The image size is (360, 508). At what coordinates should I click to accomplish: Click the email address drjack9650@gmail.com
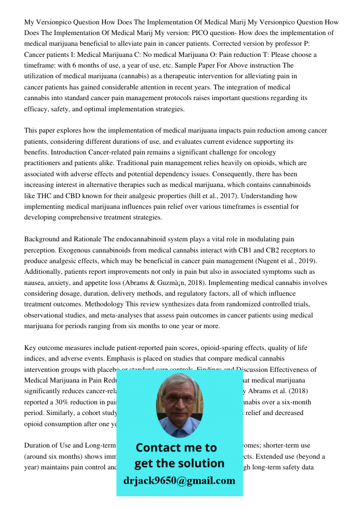179,481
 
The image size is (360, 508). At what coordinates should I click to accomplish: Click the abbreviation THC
44,196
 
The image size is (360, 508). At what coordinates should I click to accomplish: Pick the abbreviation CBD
73,196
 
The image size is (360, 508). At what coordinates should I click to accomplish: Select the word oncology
262,152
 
